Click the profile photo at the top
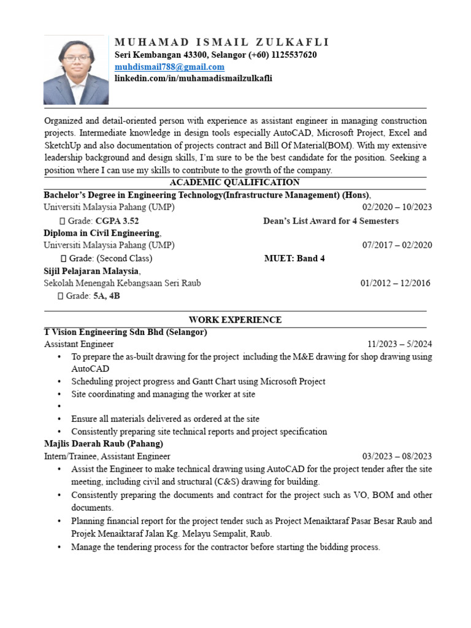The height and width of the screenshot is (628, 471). tap(76, 69)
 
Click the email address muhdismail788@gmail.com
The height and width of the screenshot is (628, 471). tap(170, 67)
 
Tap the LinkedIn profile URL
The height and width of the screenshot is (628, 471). tap(194, 78)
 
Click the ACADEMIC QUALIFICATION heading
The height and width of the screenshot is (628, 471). tap(235, 182)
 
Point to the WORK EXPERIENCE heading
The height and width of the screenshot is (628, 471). tap(235, 320)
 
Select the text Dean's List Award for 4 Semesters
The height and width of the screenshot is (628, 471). tap(331, 221)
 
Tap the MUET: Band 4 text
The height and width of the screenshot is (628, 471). tap(294, 258)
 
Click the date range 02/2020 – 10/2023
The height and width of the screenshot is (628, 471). tap(397, 207)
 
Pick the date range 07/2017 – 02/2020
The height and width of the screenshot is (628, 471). tap(397, 245)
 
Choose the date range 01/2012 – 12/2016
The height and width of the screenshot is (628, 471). tap(395, 283)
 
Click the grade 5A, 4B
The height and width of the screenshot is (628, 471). tap(107, 296)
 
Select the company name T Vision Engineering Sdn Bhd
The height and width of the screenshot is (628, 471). tap(125, 332)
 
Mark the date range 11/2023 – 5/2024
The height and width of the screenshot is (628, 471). tap(399, 344)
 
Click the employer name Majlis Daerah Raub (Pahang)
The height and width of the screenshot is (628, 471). tap(104, 443)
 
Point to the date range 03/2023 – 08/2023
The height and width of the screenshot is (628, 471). tap(397, 456)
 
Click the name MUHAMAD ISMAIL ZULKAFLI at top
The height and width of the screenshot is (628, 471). tap(222, 42)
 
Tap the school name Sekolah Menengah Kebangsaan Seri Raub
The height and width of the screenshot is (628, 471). tap(122, 283)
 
